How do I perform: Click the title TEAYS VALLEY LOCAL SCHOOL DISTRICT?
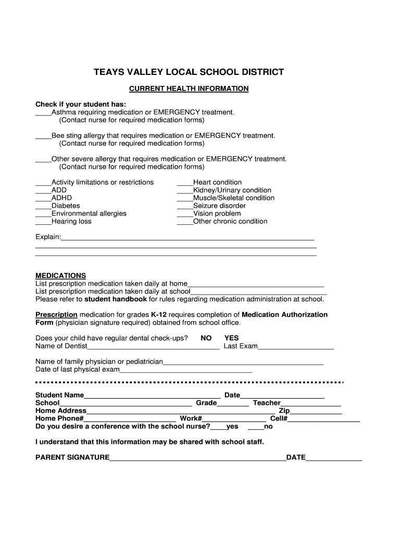point(189,72)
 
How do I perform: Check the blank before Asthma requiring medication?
point(43,113)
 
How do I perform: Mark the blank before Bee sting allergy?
point(43,136)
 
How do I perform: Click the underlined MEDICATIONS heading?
point(60,275)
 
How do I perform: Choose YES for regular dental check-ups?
point(231,338)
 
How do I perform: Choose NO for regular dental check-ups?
point(206,338)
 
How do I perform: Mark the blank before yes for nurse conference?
point(218,427)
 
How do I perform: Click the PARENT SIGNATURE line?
point(197,459)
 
